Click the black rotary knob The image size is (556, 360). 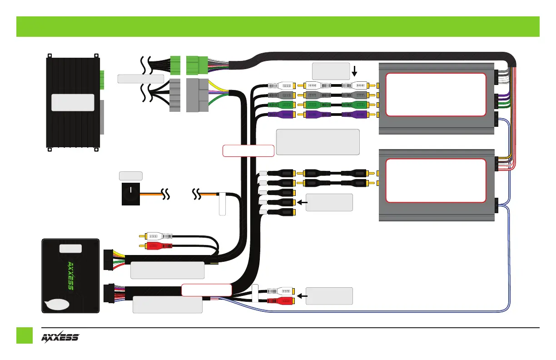click(x=131, y=195)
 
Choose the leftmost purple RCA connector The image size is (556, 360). click(x=281, y=115)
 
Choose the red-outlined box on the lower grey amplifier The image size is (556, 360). click(x=436, y=180)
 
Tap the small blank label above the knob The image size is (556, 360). click(x=130, y=175)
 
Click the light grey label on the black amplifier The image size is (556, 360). click(x=73, y=103)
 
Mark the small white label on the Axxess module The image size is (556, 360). click(x=70, y=248)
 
